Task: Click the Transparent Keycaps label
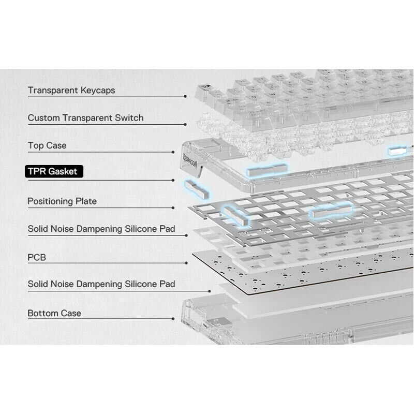tap(71, 90)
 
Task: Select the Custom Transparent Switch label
tap(85, 118)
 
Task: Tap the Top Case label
tap(47, 145)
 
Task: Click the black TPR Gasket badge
tap(54, 171)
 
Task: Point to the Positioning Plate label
tap(62, 201)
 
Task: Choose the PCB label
tap(37, 257)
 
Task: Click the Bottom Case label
tap(54, 313)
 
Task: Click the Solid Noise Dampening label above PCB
tap(101, 229)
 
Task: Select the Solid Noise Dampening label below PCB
tap(101, 284)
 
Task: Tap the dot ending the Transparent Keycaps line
tap(185, 96)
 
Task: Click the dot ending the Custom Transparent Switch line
tap(185, 124)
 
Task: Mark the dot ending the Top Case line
tap(173, 152)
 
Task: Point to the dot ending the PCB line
tap(186, 263)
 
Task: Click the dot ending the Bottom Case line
tap(173, 319)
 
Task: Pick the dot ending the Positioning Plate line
tap(173, 208)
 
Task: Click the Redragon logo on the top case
tap(190, 160)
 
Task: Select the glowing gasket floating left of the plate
tap(197, 189)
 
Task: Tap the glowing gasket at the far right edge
tap(397, 151)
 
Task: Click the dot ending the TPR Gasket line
tap(173, 180)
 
